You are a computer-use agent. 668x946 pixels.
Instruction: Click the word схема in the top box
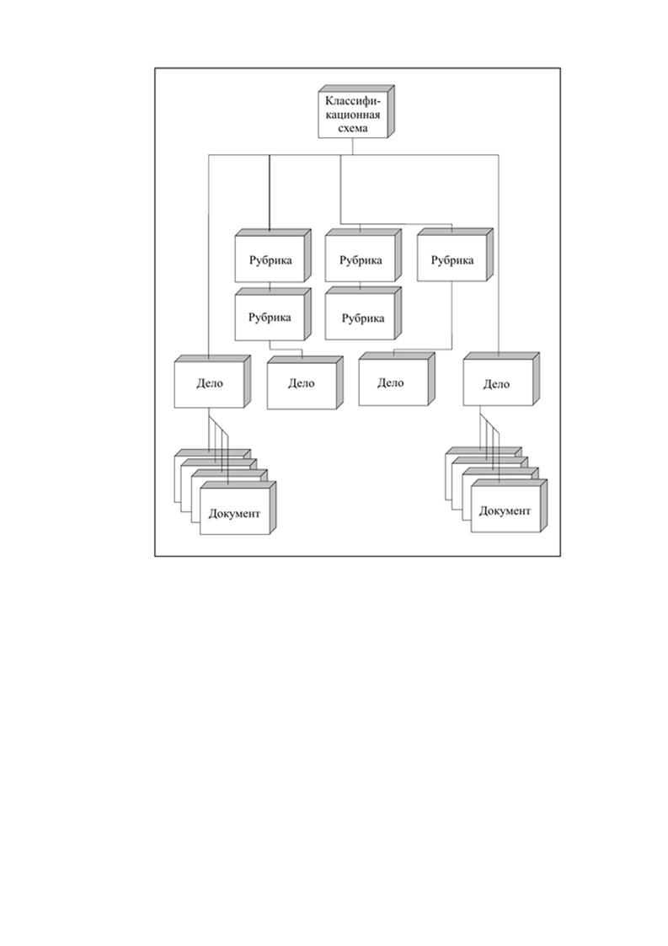(x=353, y=128)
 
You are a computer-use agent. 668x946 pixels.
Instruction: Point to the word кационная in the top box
(x=353, y=115)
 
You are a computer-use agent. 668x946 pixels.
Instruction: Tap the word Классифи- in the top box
(x=354, y=101)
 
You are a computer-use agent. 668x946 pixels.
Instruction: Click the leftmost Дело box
(x=212, y=382)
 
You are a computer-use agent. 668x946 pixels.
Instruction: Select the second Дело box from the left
(x=305, y=382)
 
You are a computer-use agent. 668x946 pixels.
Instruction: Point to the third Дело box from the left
(x=397, y=379)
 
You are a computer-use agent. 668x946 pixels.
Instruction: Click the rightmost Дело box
(x=501, y=379)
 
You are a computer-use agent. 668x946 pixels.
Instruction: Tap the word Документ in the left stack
(x=234, y=514)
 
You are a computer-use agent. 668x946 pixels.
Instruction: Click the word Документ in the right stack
(x=505, y=511)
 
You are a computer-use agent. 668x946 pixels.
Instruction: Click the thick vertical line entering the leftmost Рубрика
(x=269, y=193)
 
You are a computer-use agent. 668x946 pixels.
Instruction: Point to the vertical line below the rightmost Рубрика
(x=452, y=315)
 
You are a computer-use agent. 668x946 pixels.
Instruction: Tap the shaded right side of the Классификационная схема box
(x=391, y=111)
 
